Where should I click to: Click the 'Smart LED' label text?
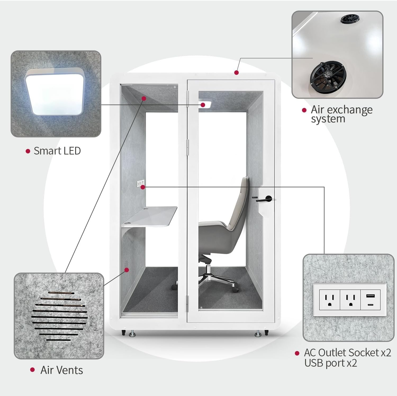click(x=57, y=151)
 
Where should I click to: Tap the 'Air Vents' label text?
click(x=62, y=370)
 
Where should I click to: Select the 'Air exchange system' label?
click(x=341, y=114)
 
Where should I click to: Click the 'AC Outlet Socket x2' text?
click(x=347, y=353)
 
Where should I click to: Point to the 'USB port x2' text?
click(x=331, y=363)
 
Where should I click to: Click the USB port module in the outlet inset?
click(x=371, y=299)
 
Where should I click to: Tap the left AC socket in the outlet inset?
click(x=329, y=299)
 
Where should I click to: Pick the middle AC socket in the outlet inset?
click(x=350, y=299)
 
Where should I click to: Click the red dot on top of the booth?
click(x=237, y=72)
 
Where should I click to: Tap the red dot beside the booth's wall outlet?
click(x=143, y=187)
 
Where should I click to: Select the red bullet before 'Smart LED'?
click(x=28, y=151)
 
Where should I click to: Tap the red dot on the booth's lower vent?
click(x=127, y=270)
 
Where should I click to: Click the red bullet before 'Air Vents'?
click(x=33, y=370)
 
